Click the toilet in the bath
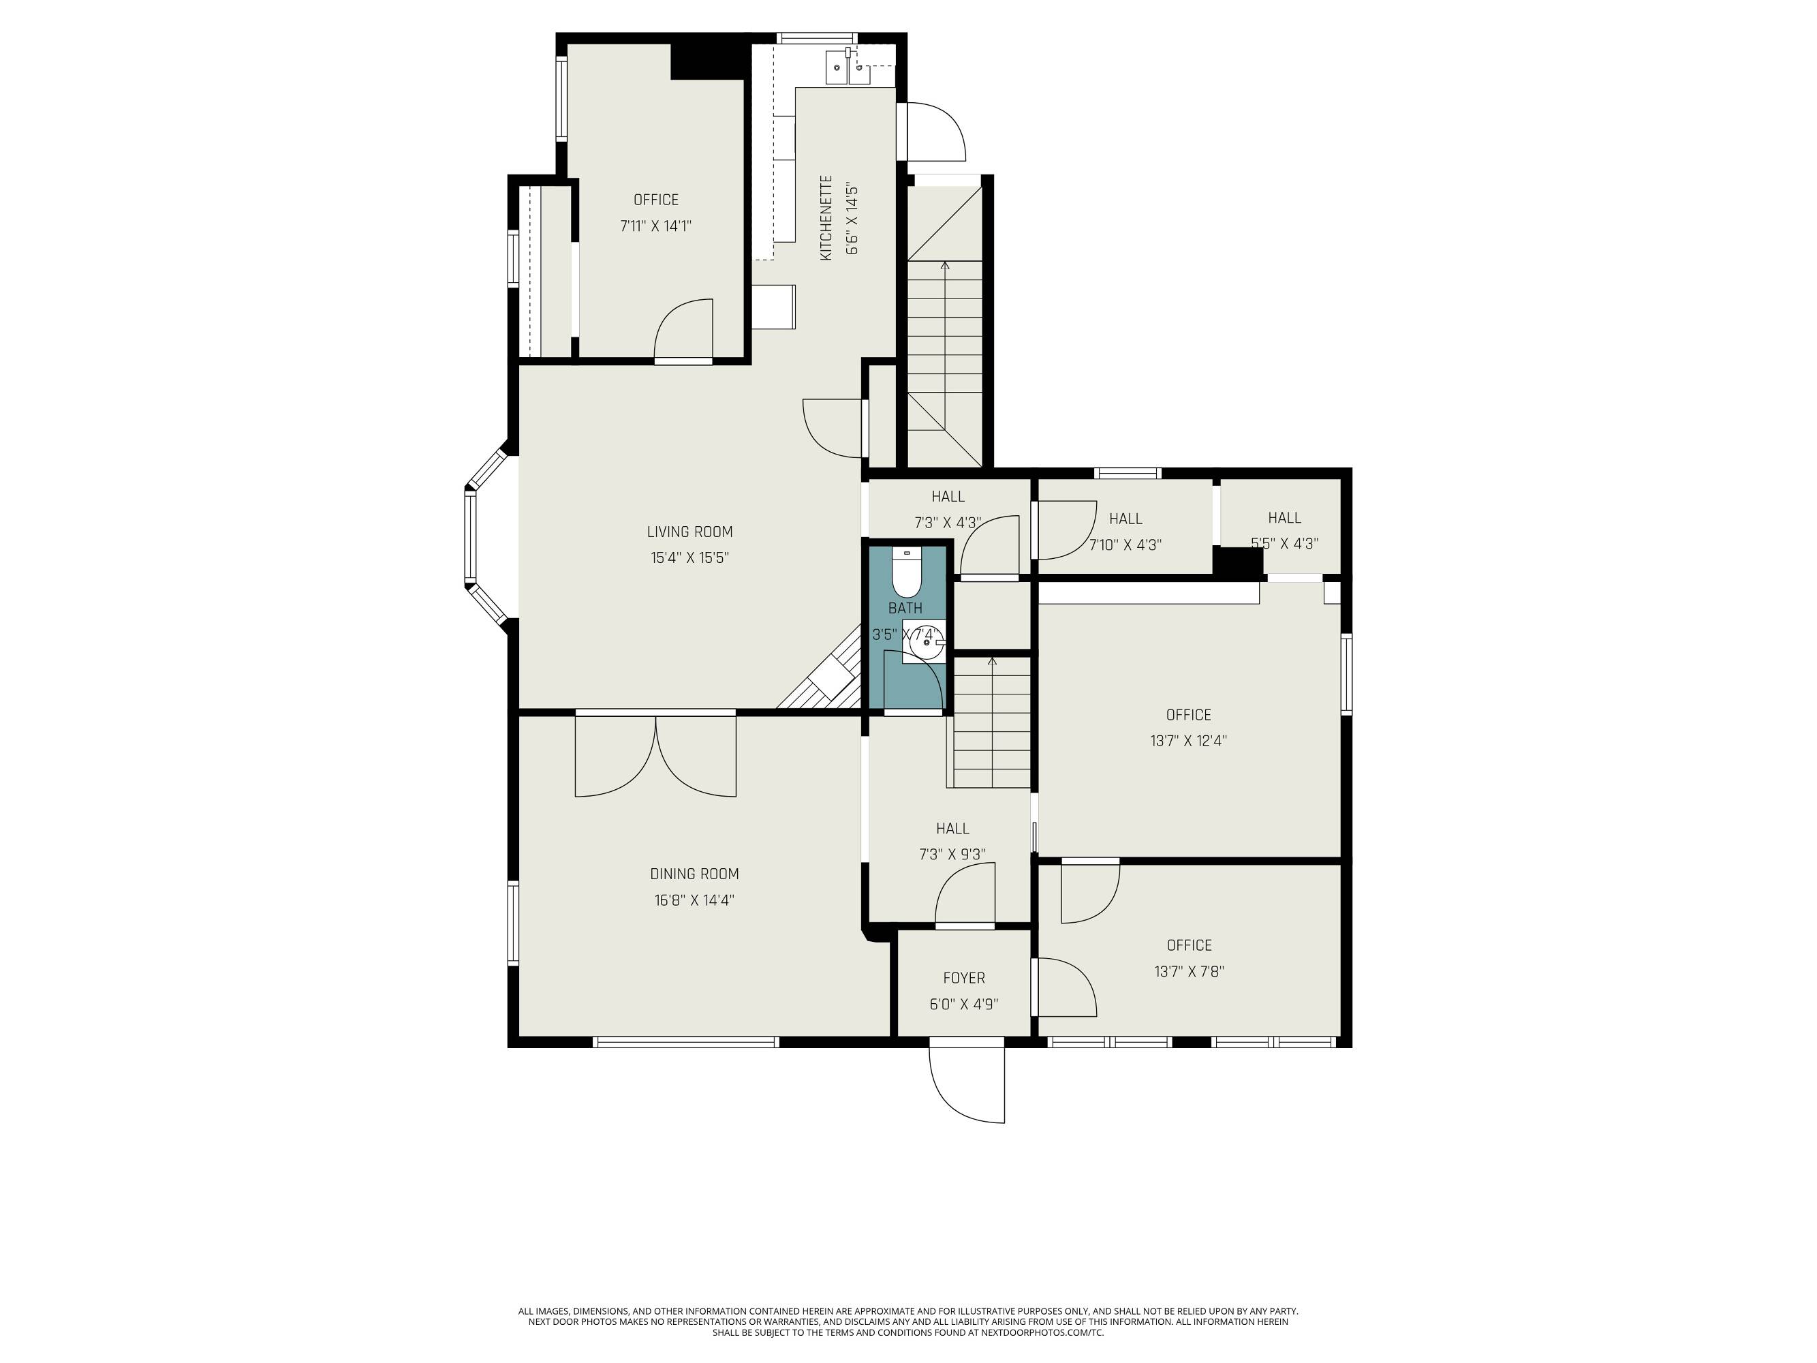coord(907,572)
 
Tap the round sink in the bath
coord(927,642)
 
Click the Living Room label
coord(689,532)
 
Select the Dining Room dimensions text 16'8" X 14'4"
coord(694,900)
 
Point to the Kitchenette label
coord(826,217)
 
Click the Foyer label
coord(963,978)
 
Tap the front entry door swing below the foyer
coord(967,1084)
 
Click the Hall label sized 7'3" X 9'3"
coord(952,828)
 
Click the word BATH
coord(905,608)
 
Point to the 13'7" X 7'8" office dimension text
coord(1189,971)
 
